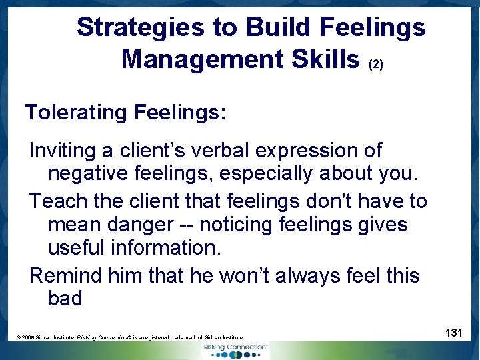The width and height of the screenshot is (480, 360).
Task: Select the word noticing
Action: pyautogui.click(x=226, y=224)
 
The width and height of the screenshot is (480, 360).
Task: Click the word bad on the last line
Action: pyautogui.click(x=65, y=298)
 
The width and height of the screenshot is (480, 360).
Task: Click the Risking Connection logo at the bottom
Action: pyautogui.click(x=235, y=351)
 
